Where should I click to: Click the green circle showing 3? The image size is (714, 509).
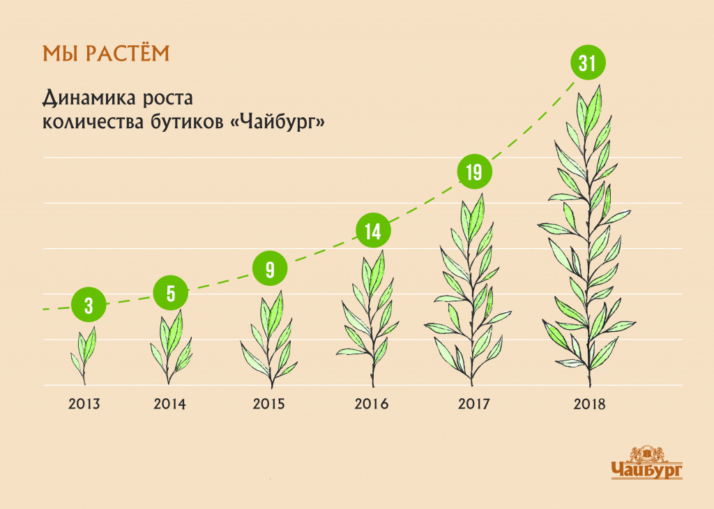[x=89, y=305]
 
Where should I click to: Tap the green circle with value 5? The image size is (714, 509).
[x=171, y=294]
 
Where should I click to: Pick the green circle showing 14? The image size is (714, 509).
[x=373, y=230]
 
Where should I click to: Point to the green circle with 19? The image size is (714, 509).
[x=474, y=172]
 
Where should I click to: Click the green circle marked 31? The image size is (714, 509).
[x=588, y=62]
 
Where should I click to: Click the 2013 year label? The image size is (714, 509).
[x=84, y=404]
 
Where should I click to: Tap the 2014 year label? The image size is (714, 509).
[x=169, y=404]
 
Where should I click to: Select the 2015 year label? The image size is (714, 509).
[x=268, y=404]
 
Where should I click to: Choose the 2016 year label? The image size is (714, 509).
[x=372, y=404]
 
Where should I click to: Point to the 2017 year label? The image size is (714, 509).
[x=473, y=404]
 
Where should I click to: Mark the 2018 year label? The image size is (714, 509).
[x=590, y=404]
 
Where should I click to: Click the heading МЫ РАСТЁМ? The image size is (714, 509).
[x=106, y=53]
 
